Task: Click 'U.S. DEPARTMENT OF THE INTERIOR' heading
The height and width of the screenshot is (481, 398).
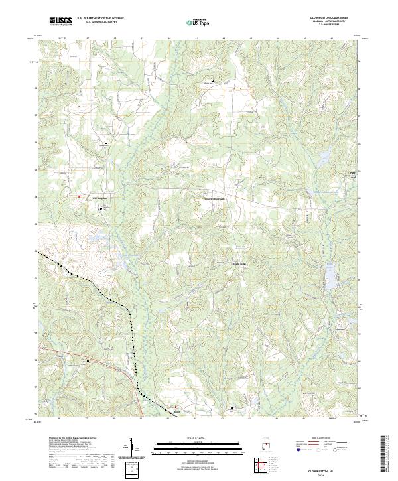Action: (100, 18)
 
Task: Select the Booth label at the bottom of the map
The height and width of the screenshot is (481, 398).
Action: (176, 411)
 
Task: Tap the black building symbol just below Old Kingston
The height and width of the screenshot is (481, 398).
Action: (101, 208)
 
